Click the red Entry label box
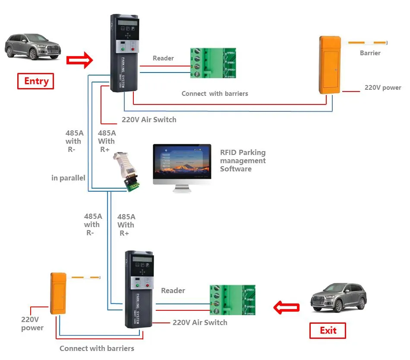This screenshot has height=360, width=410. (x=35, y=81)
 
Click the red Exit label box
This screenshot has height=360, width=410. (x=328, y=331)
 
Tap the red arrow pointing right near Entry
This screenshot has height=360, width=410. (x=80, y=60)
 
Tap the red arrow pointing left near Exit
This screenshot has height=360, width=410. (x=287, y=308)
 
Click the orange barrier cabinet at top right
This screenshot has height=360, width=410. (x=330, y=65)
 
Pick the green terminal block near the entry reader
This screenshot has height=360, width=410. (x=213, y=63)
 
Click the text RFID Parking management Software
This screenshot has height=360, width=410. (x=243, y=161)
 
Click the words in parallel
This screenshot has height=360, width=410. (x=68, y=178)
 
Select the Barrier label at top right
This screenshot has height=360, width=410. (x=370, y=53)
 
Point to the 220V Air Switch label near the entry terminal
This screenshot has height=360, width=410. (x=149, y=120)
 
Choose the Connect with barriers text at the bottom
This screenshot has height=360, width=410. (x=97, y=348)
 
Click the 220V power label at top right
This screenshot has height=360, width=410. (x=382, y=88)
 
